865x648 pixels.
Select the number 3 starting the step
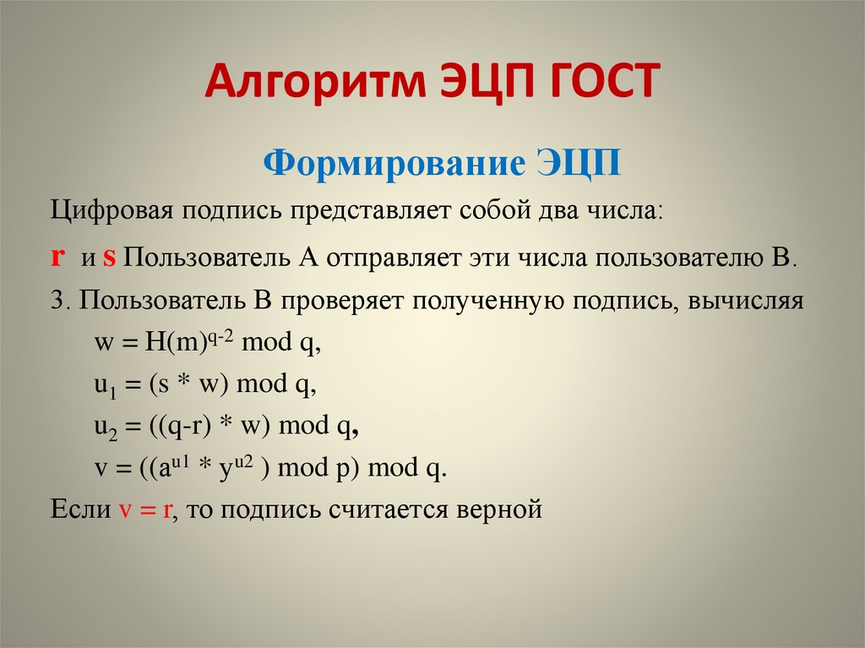tap(56, 302)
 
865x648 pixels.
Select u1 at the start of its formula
tap(103, 387)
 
